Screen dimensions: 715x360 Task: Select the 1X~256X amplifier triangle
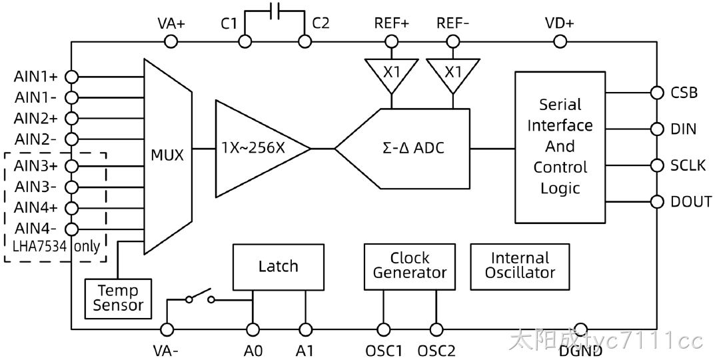(255, 149)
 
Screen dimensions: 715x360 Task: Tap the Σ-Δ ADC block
(410, 149)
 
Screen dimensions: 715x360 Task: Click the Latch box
(278, 267)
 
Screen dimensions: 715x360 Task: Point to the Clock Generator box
(410, 267)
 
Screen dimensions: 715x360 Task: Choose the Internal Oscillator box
(520, 267)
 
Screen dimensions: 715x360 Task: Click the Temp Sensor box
(118, 299)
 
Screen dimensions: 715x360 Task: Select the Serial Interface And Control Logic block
(560, 147)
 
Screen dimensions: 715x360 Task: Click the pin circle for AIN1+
(71, 77)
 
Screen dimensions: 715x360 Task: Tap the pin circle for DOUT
(656, 202)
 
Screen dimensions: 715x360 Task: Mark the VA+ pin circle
(171, 42)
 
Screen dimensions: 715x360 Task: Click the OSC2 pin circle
(436, 329)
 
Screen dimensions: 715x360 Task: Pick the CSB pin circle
(656, 93)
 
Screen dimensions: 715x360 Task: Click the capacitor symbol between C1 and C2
(275, 11)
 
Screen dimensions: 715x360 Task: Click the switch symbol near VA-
(200, 297)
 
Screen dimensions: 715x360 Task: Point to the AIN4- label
(36, 228)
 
